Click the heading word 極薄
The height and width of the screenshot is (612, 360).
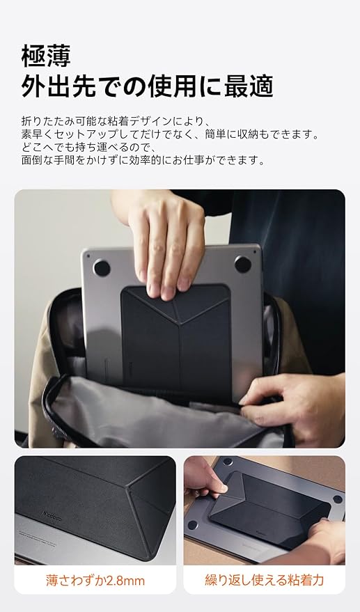46,56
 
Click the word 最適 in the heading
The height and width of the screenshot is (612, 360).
249,86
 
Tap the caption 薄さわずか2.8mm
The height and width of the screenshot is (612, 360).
95,581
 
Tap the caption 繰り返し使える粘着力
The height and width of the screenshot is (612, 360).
265,580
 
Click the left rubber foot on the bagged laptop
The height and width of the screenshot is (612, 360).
102,268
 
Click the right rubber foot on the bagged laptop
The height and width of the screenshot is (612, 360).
242,265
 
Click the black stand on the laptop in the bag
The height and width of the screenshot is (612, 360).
176,340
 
